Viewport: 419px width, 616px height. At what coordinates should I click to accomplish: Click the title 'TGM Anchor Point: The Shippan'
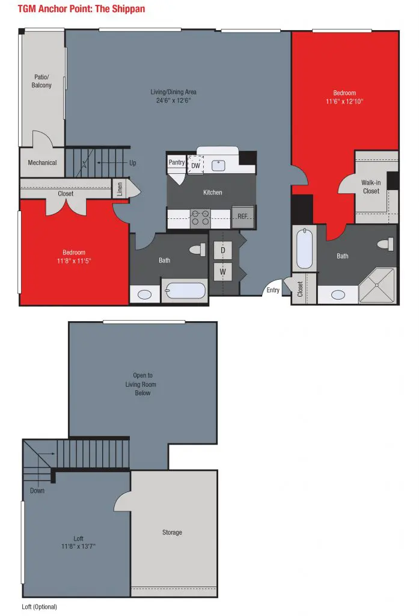[x=81, y=8]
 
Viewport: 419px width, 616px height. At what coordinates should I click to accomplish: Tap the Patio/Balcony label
[x=41, y=81]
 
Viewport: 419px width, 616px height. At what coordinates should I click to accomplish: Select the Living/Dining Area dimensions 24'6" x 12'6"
[x=173, y=100]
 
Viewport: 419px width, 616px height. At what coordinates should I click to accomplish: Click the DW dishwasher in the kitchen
[x=195, y=165]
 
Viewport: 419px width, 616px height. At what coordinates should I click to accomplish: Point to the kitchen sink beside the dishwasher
[x=218, y=165]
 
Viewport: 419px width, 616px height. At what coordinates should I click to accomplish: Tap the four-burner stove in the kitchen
[x=200, y=218]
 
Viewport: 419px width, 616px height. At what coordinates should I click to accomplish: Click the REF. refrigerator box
[x=243, y=216]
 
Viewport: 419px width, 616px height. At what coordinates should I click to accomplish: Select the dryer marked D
[x=222, y=250]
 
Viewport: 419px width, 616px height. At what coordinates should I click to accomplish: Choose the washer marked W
[x=222, y=271]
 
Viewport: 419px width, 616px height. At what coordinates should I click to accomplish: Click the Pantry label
[x=177, y=162]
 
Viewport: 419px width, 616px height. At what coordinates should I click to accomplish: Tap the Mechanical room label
[x=42, y=162]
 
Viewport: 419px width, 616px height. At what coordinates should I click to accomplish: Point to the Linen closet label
[x=120, y=189]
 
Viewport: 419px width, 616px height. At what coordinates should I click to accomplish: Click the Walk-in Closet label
[x=371, y=186]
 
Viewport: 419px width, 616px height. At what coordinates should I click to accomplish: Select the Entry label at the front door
[x=273, y=290]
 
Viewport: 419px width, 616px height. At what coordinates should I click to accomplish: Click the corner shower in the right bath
[x=377, y=285]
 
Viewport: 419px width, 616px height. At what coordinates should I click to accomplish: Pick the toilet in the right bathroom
[x=385, y=244]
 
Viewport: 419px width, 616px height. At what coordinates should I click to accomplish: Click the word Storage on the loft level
[x=172, y=532]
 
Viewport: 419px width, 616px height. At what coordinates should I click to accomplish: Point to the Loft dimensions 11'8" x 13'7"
[x=78, y=546]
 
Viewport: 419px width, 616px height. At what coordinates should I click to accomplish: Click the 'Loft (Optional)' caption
[x=39, y=607]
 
